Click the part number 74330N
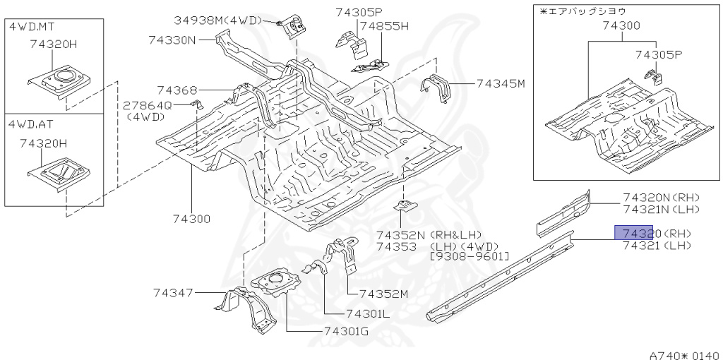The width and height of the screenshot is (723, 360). coord(172,40)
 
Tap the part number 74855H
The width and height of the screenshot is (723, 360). coord(384,26)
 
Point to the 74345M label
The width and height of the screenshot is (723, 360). coord(501,83)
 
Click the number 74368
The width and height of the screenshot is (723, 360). coord(177,90)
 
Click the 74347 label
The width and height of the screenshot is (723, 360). coord(174,292)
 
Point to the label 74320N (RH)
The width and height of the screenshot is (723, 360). coord(661,198)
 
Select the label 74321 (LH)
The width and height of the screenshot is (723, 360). coord(657,246)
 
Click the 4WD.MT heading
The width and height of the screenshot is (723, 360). coord(32,26)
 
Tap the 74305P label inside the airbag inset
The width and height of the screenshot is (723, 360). coord(659,54)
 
